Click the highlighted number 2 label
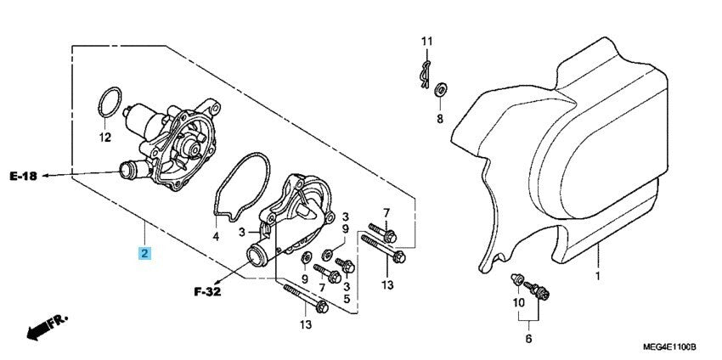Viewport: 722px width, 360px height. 145,253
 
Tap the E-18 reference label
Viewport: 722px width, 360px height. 25,176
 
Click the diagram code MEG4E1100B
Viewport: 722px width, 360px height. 668,346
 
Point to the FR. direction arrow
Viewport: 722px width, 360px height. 46,327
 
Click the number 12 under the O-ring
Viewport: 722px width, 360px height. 105,137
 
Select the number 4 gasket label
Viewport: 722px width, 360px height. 216,236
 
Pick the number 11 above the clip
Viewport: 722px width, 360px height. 427,41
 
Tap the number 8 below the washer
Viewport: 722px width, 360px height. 440,118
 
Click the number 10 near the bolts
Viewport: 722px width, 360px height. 519,303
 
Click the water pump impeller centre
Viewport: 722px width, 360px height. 189,148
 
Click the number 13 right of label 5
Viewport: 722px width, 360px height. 387,286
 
